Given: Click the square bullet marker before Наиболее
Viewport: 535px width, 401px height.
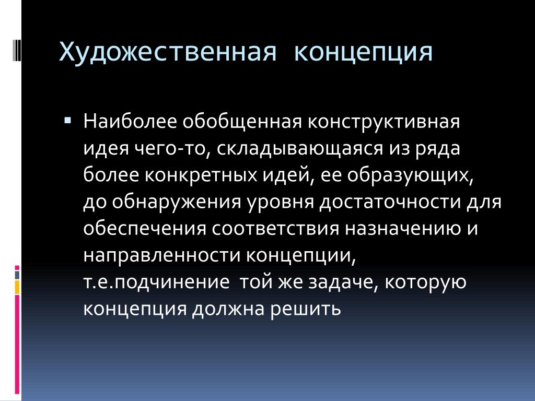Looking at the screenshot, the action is click(x=67, y=120).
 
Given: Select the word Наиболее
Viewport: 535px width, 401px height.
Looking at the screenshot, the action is click(x=130, y=121).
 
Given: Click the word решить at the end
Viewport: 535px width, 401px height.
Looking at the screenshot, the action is click(x=306, y=309).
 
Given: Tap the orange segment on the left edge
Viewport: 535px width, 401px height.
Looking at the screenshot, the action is click(x=17, y=287).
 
